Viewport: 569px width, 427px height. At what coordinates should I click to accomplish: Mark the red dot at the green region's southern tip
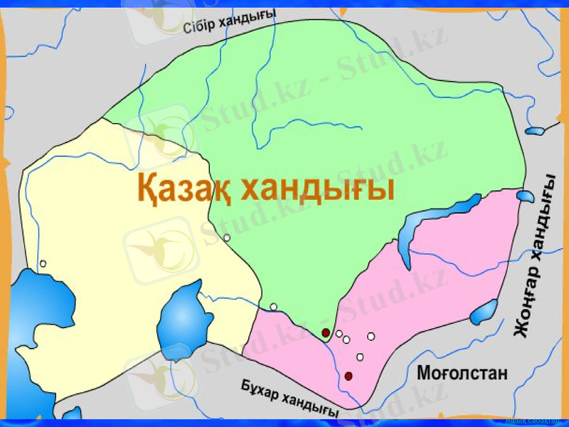pyautogui.click(x=326, y=332)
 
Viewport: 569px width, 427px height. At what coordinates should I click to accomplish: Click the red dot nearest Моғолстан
pyautogui.click(x=349, y=376)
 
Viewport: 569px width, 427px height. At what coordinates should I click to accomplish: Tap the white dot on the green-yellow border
pyautogui.click(x=227, y=238)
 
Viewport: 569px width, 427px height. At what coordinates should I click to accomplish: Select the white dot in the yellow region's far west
pyautogui.click(x=43, y=264)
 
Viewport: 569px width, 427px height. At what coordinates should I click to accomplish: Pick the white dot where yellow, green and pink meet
pyautogui.click(x=273, y=307)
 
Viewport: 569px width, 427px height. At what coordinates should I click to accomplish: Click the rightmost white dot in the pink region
pyautogui.click(x=371, y=336)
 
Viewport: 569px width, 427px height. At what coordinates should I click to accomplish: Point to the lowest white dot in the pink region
pyautogui.click(x=360, y=357)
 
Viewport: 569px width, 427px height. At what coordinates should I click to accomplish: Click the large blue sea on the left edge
pyautogui.click(x=32, y=320)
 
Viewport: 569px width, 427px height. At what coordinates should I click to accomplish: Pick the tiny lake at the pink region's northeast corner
pyautogui.click(x=525, y=196)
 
